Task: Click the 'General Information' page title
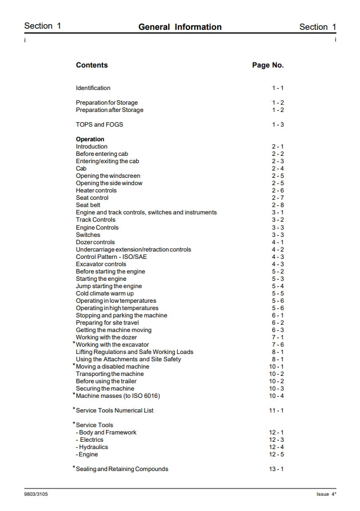[x=180, y=27]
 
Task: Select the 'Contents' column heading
[x=92, y=65]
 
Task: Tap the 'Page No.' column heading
[x=268, y=65]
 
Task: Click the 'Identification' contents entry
[x=93, y=88]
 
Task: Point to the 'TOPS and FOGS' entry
[x=100, y=124]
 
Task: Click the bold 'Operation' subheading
[x=90, y=139]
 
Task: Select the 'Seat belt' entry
[x=88, y=205]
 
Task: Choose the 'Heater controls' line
[x=96, y=191]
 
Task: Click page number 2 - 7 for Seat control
[x=278, y=198]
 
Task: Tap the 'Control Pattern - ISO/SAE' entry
[x=111, y=257]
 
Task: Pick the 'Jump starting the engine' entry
[x=109, y=286]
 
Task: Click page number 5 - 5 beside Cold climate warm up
[x=278, y=293]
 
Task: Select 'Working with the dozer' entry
[x=106, y=337]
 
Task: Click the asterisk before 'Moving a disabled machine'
[x=74, y=365]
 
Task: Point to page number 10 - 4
[x=276, y=396]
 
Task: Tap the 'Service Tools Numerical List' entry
[x=115, y=410]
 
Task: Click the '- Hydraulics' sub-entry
[x=92, y=447]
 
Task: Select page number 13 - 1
[x=276, y=469]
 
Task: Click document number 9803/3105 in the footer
[x=36, y=494]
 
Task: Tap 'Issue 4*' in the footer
[x=326, y=494]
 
